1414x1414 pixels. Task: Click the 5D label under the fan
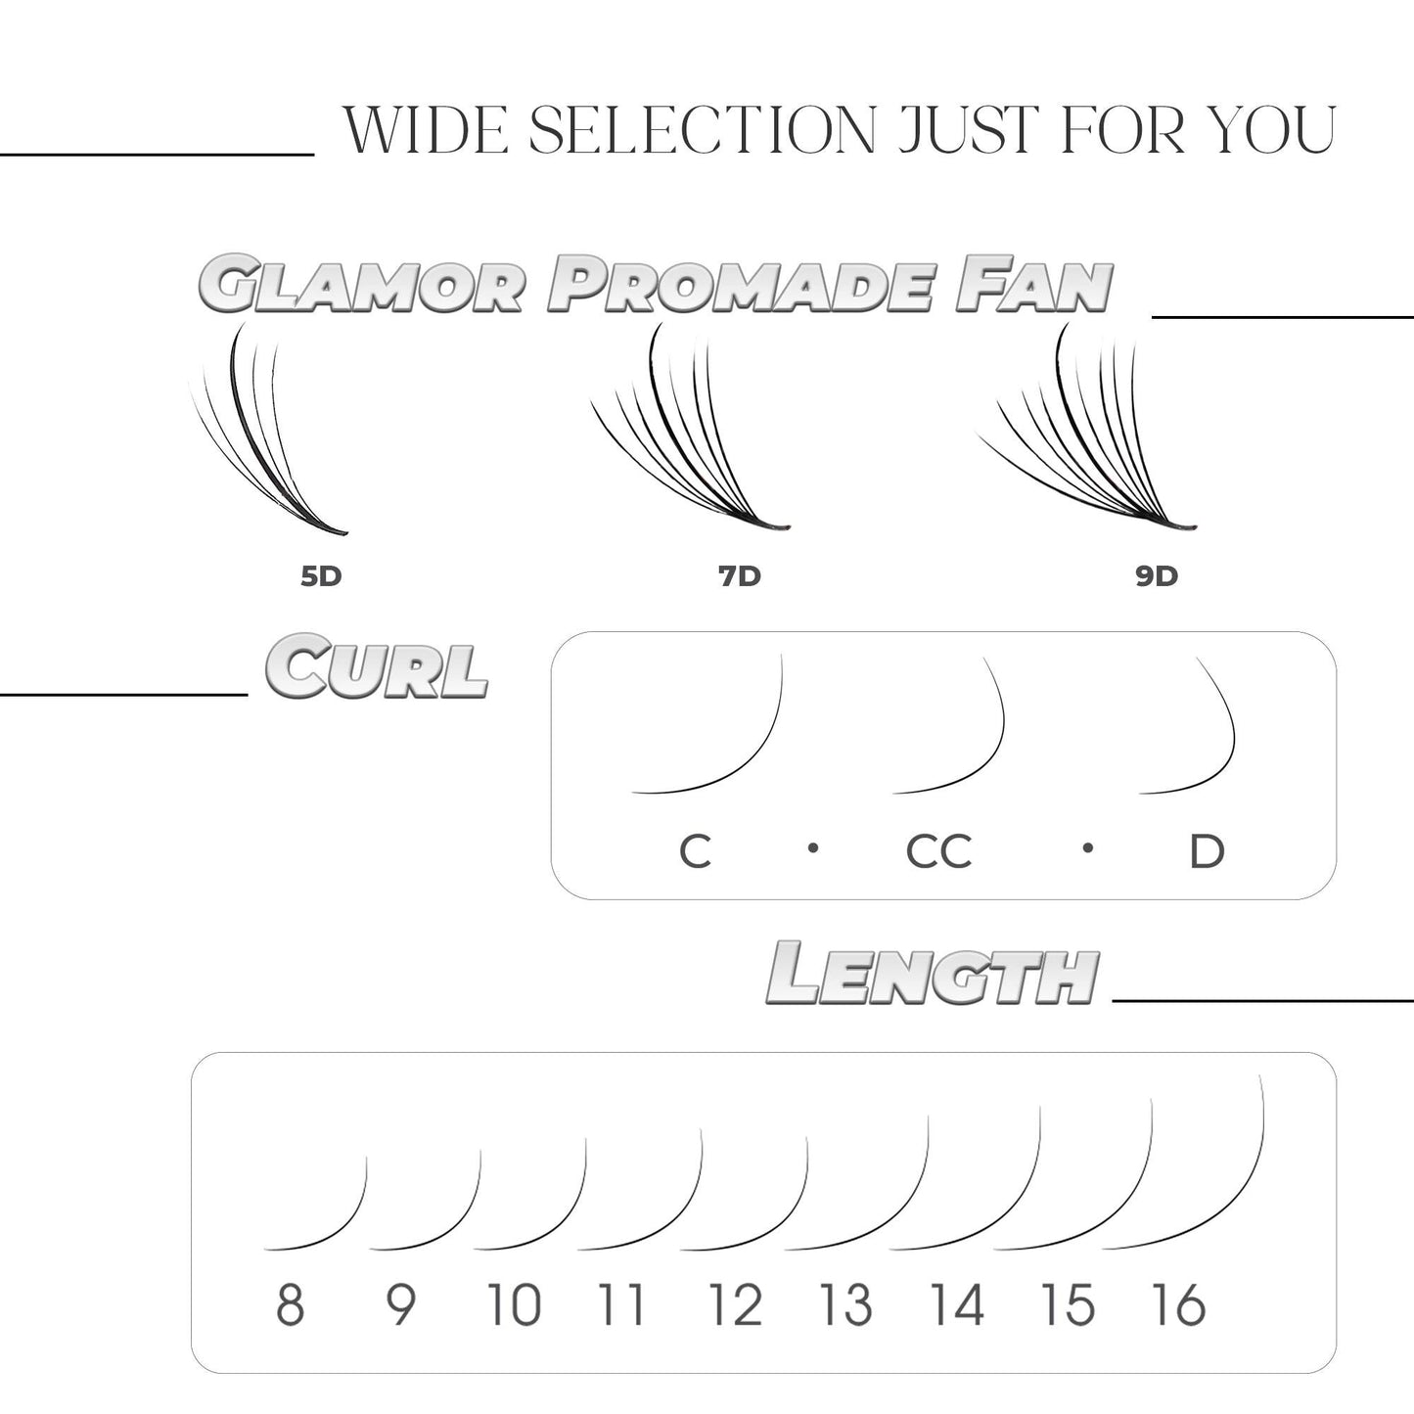(x=321, y=576)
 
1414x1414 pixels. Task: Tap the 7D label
(x=739, y=576)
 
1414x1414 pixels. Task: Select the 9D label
(x=1156, y=576)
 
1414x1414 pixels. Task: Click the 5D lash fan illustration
(x=264, y=435)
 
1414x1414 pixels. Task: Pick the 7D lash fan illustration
(x=685, y=435)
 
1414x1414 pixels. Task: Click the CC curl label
(x=938, y=852)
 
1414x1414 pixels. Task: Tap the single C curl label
(x=695, y=852)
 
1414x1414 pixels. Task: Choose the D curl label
(x=1207, y=852)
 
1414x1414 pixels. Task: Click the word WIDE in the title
(x=426, y=129)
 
